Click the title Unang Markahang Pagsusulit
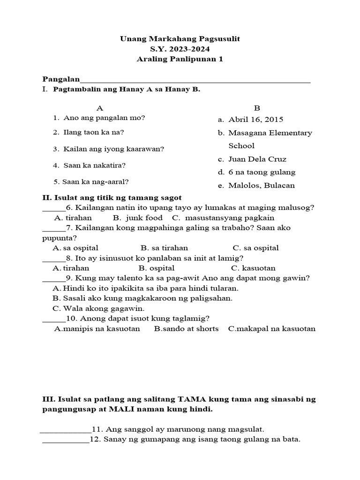click(x=180, y=39)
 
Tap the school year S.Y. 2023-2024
click(x=180, y=49)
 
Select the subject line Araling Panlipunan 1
click(x=180, y=59)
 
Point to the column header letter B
click(x=256, y=107)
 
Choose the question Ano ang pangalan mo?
click(x=104, y=118)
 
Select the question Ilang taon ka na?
click(x=93, y=132)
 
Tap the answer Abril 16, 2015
click(x=255, y=120)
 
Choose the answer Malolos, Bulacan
click(x=261, y=185)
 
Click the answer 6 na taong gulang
click(x=262, y=172)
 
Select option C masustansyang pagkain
click(x=223, y=218)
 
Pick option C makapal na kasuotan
click(x=272, y=329)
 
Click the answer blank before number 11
click(x=66, y=429)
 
